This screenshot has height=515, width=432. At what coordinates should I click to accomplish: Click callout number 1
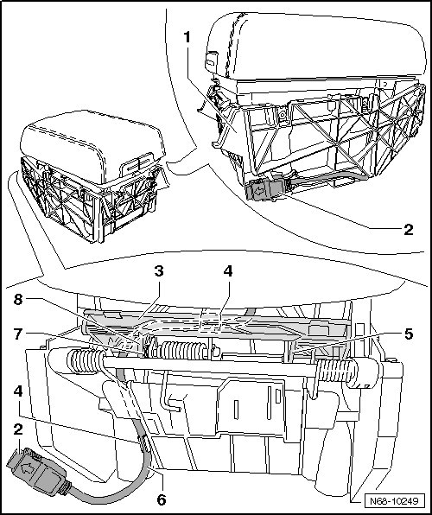coord(187,37)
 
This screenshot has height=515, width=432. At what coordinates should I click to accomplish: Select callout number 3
coord(159,271)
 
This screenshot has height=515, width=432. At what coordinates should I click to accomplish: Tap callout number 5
coord(409,334)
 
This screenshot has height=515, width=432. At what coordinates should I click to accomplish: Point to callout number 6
coord(162,500)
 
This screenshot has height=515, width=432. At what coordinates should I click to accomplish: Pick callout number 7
coord(18,334)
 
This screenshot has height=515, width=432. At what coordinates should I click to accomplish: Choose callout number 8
coord(18,299)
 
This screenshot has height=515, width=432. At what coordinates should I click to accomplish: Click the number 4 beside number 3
coord(228,271)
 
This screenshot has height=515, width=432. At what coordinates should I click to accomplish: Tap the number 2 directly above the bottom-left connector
coord(18,429)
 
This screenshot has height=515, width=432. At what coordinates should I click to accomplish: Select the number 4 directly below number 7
coord(18,391)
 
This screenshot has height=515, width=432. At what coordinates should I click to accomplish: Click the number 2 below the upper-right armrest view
coord(409,229)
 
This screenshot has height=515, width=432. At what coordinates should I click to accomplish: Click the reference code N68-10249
coord(394,501)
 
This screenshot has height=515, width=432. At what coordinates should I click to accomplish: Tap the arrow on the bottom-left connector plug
coord(26,468)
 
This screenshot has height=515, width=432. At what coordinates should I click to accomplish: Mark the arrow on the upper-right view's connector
coord(259,191)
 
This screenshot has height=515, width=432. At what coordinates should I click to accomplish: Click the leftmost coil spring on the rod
coord(86,361)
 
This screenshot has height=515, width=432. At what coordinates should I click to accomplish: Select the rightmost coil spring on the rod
coord(336,370)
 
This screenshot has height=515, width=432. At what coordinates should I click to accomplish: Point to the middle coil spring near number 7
coord(178,351)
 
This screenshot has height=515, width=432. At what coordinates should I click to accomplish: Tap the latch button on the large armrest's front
coord(211,61)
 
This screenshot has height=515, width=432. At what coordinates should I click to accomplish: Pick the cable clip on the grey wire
coord(143,442)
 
